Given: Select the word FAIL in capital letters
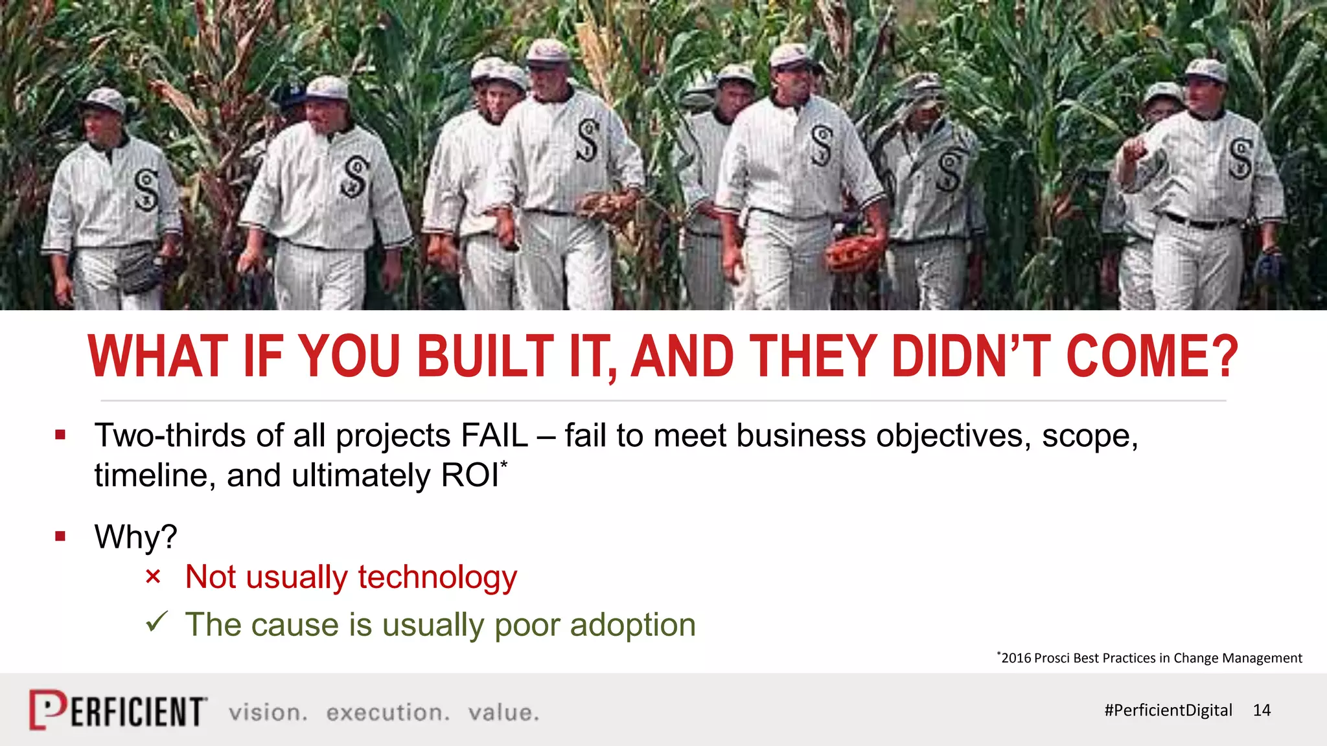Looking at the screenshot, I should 494,435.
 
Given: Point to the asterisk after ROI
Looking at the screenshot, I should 504,464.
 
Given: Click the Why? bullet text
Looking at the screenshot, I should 135,537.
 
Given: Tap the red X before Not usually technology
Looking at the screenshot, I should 153,576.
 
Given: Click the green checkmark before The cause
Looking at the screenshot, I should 156,622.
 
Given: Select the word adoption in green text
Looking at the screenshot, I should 632,625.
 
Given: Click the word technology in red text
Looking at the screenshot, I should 437,577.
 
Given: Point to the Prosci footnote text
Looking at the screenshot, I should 1150,658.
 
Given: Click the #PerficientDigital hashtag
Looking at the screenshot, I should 1168,710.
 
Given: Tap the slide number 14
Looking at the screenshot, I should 1262,710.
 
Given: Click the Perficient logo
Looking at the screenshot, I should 118,710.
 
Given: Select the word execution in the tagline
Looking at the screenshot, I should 387,713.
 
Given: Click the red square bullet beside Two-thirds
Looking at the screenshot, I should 60,435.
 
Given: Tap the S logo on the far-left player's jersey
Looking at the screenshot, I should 147,190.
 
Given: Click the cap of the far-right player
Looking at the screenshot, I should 1206,70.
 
